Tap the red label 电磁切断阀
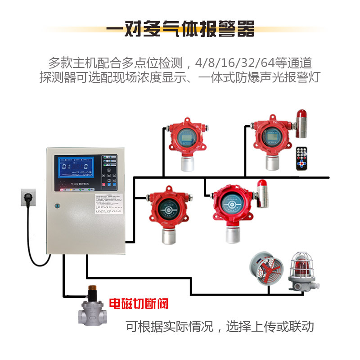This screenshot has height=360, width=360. (x=139, y=304)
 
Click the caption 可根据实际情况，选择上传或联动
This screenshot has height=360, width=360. (x=220, y=326)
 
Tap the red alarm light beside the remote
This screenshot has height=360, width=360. (x=301, y=124)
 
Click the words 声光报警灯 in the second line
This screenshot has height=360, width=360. (x=292, y=77)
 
